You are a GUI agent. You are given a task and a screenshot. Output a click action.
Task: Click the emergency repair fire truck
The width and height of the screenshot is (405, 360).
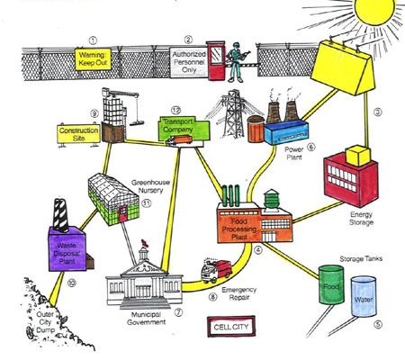point(216,269)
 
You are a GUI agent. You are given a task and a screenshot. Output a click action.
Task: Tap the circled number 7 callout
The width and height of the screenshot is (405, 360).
point(178,312)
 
